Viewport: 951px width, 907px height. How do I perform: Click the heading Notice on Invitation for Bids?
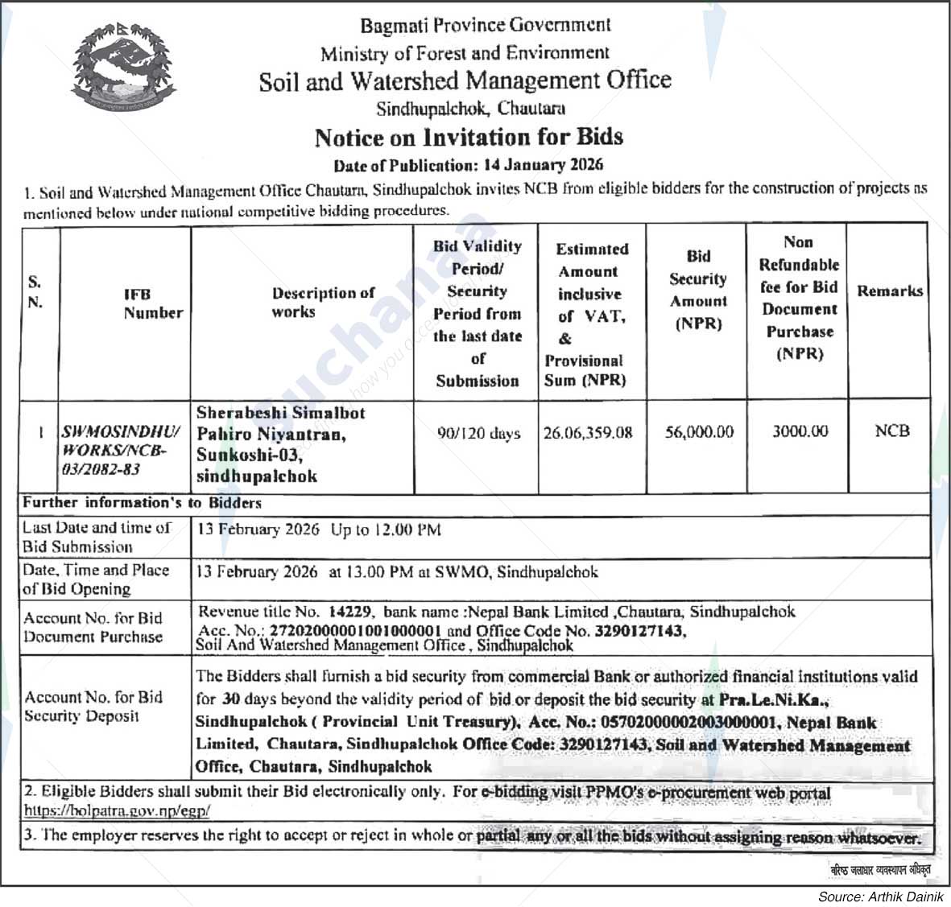click(469, 138)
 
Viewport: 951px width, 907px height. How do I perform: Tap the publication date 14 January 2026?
click(544, 166)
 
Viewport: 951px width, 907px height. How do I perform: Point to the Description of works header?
click(322, 303)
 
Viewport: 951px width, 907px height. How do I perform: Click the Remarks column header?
click(890, 291)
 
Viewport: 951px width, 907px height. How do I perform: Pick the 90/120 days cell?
click(478, 434)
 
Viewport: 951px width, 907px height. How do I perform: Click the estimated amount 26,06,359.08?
click(588, 433)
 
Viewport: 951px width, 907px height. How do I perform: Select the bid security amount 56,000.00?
click(699, 432)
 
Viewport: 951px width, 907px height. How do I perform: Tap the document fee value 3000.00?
click(800, 431)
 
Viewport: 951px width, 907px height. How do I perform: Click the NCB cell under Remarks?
click(892, 431)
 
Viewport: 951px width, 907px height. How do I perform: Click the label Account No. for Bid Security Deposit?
click(93, 707)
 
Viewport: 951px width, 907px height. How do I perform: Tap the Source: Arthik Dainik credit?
click(880, 897)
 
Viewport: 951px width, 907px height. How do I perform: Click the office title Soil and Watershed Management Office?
click(465, 80)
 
